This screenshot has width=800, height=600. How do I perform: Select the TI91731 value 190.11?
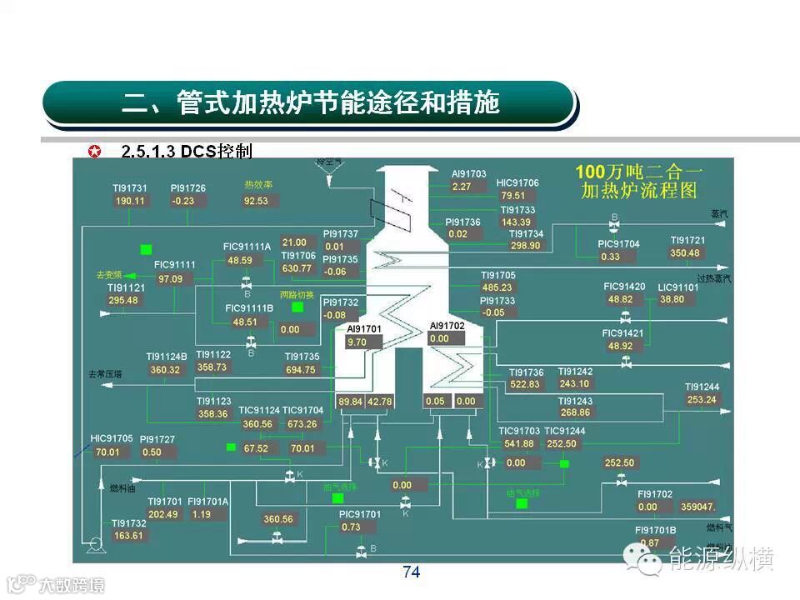click(x=130, y=201)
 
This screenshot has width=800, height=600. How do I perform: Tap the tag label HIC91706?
click(x=517, y=182)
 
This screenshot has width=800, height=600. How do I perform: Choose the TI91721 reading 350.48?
click(x=686, y=253)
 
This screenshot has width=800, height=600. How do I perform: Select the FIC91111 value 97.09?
click(x=171, y=278)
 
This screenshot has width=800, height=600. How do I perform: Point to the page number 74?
click(x=411, y=572)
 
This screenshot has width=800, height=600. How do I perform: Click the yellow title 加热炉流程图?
click(x=638, y=191)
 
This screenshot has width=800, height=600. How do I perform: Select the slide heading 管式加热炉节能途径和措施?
click(x=310, y=103)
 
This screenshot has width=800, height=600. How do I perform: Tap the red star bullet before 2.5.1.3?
click(x=96, y=152)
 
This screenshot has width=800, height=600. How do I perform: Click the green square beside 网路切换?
click(x=297, y=307)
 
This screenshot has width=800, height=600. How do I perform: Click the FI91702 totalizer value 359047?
click(x=697, y=507)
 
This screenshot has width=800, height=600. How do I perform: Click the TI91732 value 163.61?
click(x=130, y=536)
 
